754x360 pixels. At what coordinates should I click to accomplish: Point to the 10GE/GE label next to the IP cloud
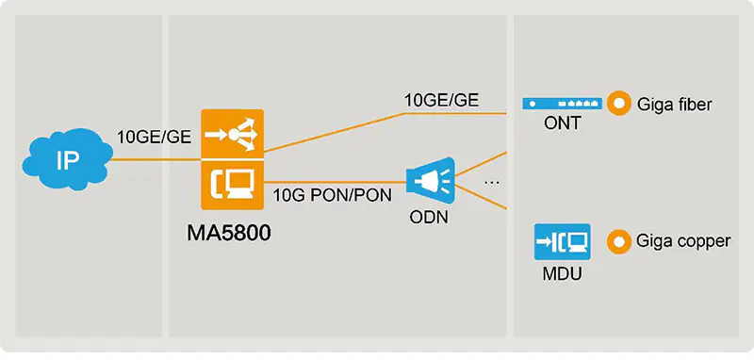click(x=154, y=138)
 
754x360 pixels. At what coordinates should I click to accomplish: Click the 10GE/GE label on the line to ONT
click(x=440, y=101)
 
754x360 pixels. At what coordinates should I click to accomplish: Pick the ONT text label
click(x=562, y=124)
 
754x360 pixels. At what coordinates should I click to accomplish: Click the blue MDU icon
click(x=561, y=241)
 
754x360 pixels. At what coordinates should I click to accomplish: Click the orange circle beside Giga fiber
click(x=618, y=104)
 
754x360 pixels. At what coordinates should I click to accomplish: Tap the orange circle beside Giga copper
click(x=618, y=241)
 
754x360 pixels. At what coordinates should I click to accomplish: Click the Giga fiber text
click(x=675, y=105)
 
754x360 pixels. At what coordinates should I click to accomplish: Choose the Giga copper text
click(x=683, y=242)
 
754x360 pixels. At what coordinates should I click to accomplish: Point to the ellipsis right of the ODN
click(x=491, y=179)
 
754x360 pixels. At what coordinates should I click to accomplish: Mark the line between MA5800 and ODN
click(x=330, y=180)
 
